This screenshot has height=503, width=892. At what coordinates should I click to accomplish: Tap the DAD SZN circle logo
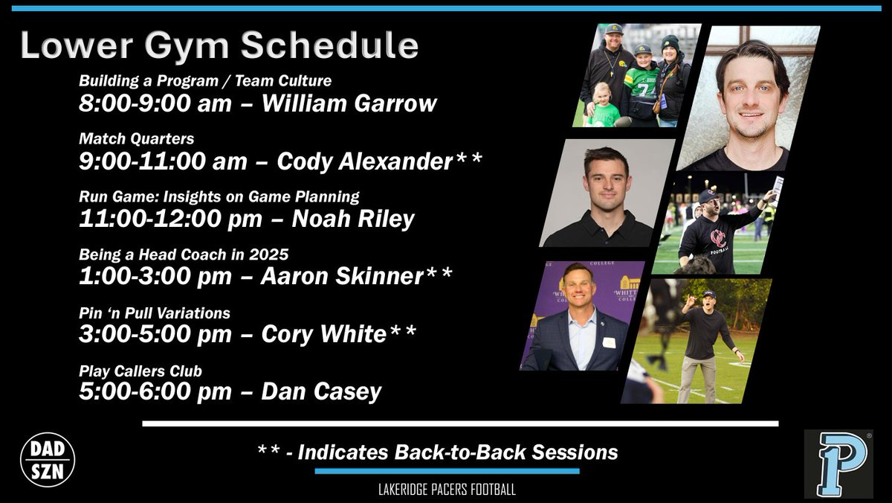click(48, 460)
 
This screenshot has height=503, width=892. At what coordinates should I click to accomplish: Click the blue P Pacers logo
click(838, 464)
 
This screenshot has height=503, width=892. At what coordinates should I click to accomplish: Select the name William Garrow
click(349, 103)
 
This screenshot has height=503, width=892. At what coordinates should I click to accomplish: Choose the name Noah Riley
click(353, 220)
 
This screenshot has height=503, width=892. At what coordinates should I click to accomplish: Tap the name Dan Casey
click(321, 391)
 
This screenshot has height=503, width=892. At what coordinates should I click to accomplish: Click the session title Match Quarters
click(137, 138)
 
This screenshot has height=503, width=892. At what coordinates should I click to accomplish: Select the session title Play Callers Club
click(140, 371)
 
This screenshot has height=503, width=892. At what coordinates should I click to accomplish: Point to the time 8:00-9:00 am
click(155, 103)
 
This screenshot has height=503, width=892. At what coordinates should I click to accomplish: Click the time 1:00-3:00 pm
click(155, 277)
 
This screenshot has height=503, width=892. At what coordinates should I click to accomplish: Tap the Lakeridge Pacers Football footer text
click(447, 490)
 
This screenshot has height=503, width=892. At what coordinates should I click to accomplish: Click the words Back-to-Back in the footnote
click(461, 452)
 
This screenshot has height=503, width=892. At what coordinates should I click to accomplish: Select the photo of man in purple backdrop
click(582, 315)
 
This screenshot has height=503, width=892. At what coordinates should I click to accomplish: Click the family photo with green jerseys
click(636, 75)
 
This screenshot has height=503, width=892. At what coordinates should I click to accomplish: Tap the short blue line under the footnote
click(447, 471)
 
